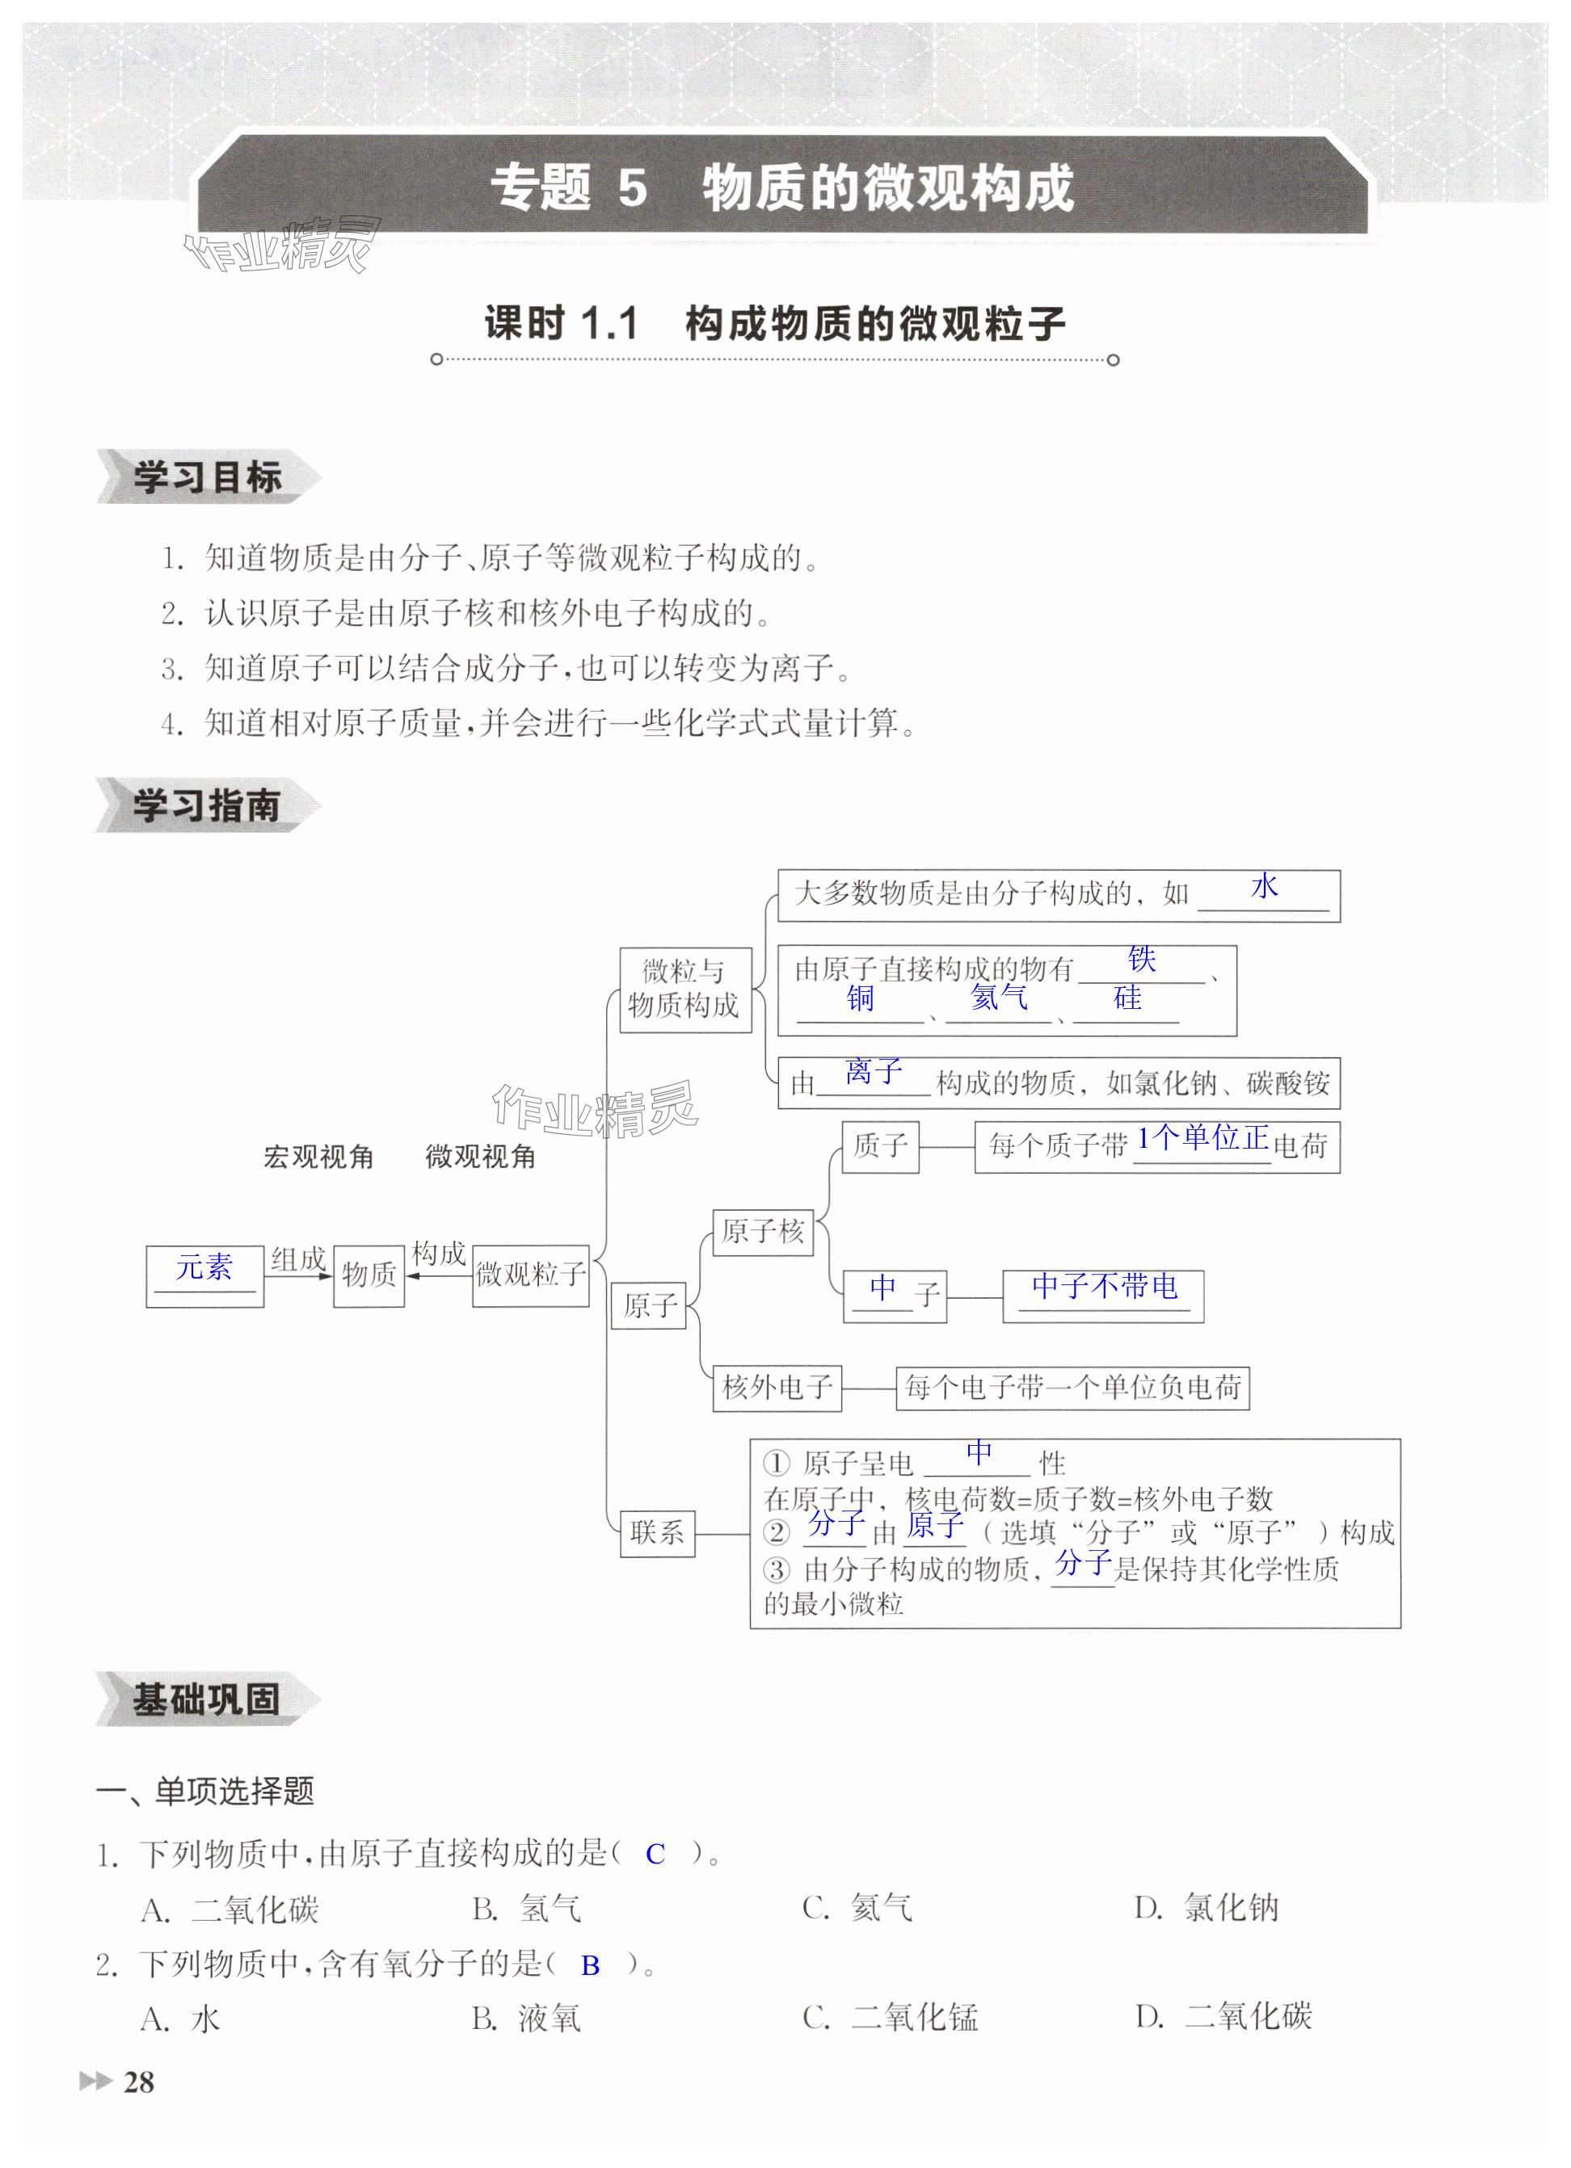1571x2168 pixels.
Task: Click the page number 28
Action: pos(139,2081)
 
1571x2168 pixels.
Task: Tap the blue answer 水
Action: pos(1264,886)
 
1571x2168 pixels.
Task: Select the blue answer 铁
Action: pos(1142,959)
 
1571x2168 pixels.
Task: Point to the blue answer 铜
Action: pos(860,998)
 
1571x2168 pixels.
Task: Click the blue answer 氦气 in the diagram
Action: pos(998,997)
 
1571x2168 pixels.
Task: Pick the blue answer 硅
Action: pos(1127,998)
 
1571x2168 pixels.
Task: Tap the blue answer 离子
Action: pos(873,1070)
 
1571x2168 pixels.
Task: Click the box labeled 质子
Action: pos(880,1146)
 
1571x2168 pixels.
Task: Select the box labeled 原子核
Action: pos(762,1231)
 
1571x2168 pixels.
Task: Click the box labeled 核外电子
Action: pos(777,1387)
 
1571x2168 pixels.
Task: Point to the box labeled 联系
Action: pos(657,1532)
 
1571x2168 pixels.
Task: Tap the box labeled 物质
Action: pos(369,1275)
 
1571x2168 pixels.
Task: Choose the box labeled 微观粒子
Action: pos(531,1275)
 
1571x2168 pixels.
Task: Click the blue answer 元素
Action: pos(204,1267)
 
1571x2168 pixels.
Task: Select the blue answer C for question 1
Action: pos(655,1855)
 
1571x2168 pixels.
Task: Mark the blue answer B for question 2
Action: pos(590,1965)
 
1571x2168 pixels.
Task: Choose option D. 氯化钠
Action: pos(1207,1908)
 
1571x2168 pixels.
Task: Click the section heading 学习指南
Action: pos(205,806)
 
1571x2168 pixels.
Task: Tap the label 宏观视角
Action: pos(318,1157)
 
